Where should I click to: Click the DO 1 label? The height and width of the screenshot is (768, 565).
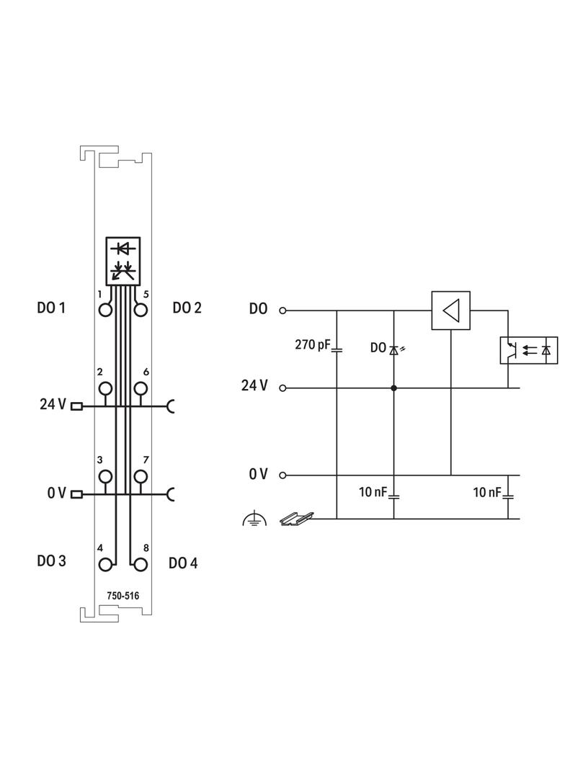pyautogui.click(x=51, y=308)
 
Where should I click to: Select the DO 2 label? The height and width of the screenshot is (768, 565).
pyautogui.click(x=187, y=308)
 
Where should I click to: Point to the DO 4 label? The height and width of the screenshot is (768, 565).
pyautogui.click(x=183, y=563)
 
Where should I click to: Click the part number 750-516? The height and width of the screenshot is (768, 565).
pyautogui.click(x=123, y=596)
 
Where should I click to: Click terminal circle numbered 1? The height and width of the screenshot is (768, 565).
pyautogui.click(x=106, y=310)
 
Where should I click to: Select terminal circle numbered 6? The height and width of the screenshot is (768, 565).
pyautogui.click(x=141, y=388)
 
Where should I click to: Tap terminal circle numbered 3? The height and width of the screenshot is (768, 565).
pyautogui.click(x=106, y=475)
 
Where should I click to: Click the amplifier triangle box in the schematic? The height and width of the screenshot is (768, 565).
pyautogui.click(x=450, y=311)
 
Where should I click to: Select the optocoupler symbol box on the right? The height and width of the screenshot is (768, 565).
pyautogui.click(x=528, y=350)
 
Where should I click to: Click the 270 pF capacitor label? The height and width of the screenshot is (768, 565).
pyautogui.click(x=311, y=345)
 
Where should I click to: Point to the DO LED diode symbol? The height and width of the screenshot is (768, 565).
pyautogui.click(x=394, y=349)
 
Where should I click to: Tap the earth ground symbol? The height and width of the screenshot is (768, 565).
pyautogui.click(x=254, y=518)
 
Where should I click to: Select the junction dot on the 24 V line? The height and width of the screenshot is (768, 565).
pyautogui.click(x=393, y=388)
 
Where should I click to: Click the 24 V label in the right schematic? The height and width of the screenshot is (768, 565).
pyautogui.click(x=254, y=385)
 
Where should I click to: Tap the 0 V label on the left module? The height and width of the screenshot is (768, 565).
pyautogui.click(x=57, y=493)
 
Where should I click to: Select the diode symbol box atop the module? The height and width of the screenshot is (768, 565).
pyautogui.click(x=123, y=260)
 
